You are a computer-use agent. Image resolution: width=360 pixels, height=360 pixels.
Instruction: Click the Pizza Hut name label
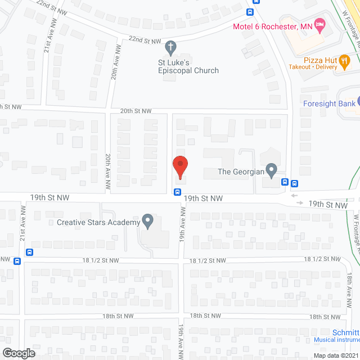pyautogui.click(x=319, y=59)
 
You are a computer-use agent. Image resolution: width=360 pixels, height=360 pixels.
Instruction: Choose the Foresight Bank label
pyautogui.click(x=329, y=103)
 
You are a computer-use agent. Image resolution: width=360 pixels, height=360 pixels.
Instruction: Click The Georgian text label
pyautogui.click(x=241, y=171)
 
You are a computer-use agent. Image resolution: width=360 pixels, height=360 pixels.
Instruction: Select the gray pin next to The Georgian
pyautogui.click(x=271, y=169)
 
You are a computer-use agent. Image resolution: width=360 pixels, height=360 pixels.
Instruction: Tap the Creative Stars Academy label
pyautogui.click(x=98, y=222)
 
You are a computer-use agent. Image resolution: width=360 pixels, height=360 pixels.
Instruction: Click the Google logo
pyautogui.click(x=18, y=353)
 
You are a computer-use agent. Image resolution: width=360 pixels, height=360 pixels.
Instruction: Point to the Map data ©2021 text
pyautogui.click(x=335, y=355)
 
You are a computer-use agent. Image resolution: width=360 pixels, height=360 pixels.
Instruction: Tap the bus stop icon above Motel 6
pyautogui.click(x=250, y=11)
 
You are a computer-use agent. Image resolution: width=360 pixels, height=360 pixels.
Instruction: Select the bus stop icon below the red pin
pyautogui.click(x=178, y=192)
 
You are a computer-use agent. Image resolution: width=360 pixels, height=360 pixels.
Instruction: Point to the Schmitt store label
pyautogui.click(x=345, y=332)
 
